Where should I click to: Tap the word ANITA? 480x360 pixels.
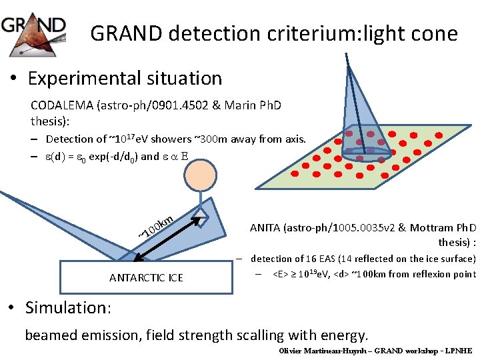[265, 228]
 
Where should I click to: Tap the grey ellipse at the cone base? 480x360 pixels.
[366, 153]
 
